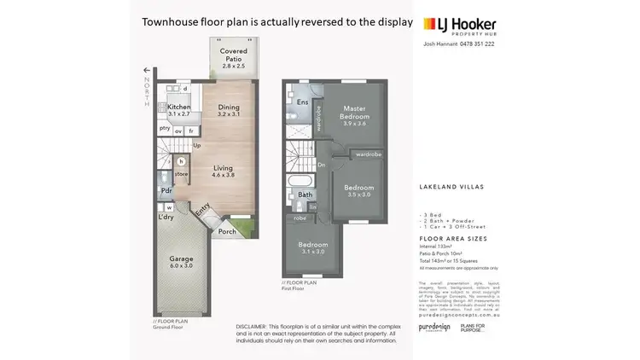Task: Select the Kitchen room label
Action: (x=179, y=109)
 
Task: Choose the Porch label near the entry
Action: (x=227, y=231)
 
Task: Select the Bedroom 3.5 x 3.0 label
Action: (x=358, y=191)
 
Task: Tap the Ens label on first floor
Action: (x=302, y=102)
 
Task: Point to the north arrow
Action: (x=146, y=71)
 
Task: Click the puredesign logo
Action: (x=433, y=327)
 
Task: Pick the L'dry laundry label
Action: (x=166, y=217)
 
